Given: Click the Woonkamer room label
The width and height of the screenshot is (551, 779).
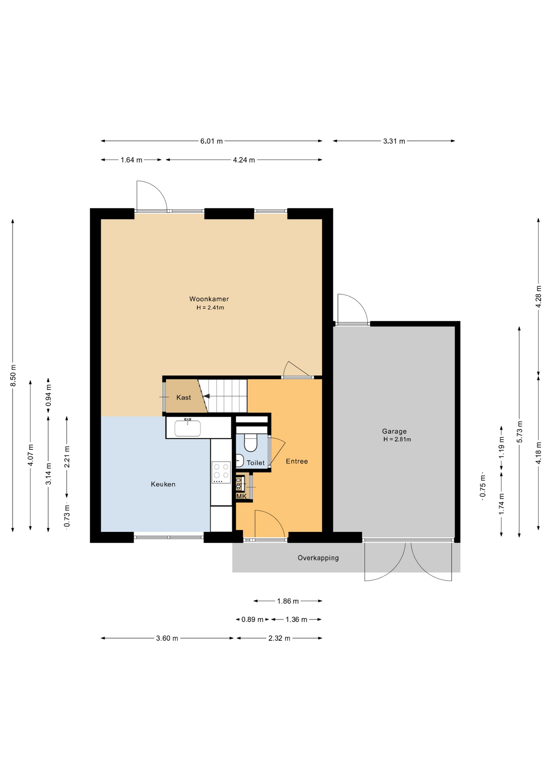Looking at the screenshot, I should [209, 299].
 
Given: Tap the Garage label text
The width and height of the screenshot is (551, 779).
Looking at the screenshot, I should [394, 431].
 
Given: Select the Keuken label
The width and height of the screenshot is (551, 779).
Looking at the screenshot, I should [163, 484].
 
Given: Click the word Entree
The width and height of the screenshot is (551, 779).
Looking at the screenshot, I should [297, 461].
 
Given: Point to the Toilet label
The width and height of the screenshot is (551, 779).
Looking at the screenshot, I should [256, 463].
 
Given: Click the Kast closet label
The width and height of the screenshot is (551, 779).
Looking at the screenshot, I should [183, 398].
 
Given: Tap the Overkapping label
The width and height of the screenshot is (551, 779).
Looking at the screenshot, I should [318, 558].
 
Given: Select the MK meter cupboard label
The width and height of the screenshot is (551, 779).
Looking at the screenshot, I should [241, 496].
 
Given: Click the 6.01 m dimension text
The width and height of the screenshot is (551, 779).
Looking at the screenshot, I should [211, 141].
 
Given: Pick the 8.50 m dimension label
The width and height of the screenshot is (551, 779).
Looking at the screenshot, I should [13, 375].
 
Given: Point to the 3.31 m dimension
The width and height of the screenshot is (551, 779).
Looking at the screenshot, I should [394, 141].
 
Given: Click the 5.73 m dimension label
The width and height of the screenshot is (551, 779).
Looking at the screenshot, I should [519, 432].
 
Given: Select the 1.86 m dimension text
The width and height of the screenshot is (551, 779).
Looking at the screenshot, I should [288, 601].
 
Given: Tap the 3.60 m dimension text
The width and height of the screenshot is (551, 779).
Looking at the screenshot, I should [167, 638].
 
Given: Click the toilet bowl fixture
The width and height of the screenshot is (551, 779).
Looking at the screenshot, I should [251, 443].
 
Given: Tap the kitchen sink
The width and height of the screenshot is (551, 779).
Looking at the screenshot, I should [187, 428].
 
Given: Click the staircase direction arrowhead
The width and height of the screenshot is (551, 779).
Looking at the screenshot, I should [206, 396].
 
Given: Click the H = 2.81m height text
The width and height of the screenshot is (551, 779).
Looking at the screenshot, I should [397, 439].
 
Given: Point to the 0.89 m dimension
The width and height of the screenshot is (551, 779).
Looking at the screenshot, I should [252, 620].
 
